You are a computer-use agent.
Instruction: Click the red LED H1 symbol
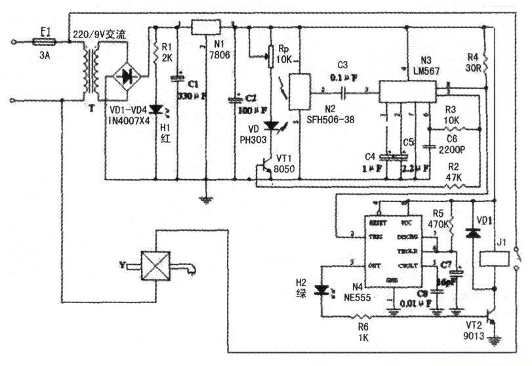156,110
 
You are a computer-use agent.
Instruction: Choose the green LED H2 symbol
322,289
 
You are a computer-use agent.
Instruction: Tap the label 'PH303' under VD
253,138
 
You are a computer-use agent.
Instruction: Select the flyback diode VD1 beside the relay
469,233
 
